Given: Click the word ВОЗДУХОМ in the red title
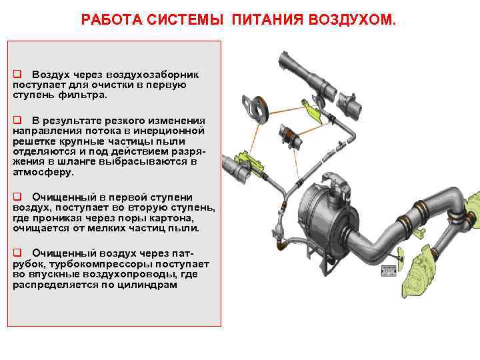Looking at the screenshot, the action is [352, 19].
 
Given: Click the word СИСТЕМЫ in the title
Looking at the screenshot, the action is [185, 19].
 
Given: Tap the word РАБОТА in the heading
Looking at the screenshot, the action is [112, 19].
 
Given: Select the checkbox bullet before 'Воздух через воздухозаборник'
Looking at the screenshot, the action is [17, 74].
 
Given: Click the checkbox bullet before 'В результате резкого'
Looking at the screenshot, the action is [17, 119].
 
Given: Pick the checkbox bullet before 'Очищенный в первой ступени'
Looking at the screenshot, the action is [17, 196].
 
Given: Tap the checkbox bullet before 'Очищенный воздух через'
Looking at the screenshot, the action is [17, 253].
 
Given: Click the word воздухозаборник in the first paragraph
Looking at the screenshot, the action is [153, 75].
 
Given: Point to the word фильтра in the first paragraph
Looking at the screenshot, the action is [82, 95].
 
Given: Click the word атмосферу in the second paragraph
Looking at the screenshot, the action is [43, 172].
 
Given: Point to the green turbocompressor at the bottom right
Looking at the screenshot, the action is [419, 273].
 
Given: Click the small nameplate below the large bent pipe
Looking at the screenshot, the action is [389, 271].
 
